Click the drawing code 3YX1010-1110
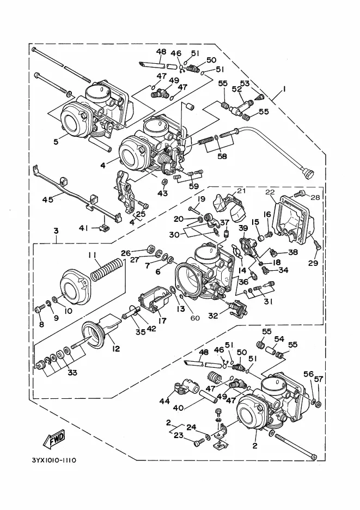pyautogui.click(x=54, y=460)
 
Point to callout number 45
pyautogui.click(x=47, y=198)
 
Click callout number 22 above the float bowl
pyautogui.click(x=270, y=192)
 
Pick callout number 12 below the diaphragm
pyautogui.click(x=116, y=349)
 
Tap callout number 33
pyautogui.click(x=72, y=372)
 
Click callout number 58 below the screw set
pyautogui.click(x=222, y=156)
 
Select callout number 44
pyautogui.click(x=164, y=401)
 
